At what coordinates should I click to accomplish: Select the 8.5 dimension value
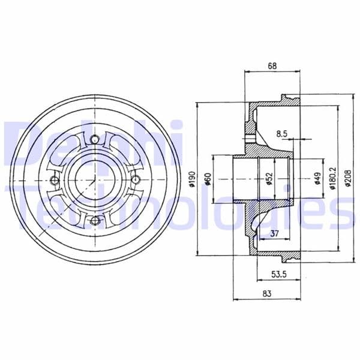point(281,134)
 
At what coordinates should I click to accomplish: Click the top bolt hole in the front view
point(94,140)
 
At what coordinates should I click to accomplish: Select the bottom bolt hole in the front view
point(94,221)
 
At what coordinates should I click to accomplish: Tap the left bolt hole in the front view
point(54,181)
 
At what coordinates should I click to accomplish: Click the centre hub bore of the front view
point(94,181)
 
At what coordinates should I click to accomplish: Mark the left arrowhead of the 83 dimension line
point(234,299)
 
